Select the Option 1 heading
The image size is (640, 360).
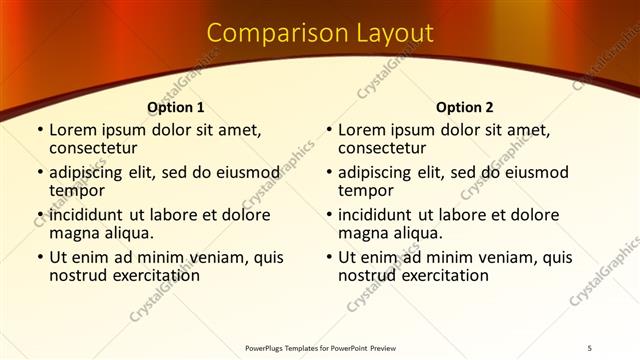click(x=175, y=107)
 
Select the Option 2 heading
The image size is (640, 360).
click(x=464, y=107)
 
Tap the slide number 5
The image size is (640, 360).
click(x=590, y=348)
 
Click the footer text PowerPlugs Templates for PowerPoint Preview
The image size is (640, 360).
click(x=320, y=348)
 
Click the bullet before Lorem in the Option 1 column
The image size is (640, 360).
click(x=40, y=130)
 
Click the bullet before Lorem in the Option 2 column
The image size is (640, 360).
click(x=329, y=130)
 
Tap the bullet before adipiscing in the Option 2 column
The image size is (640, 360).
click(x=329, y=172)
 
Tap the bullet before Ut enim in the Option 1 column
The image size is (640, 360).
click(x=40, y=257)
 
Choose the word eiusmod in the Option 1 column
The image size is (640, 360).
click(x=247, y=172)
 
